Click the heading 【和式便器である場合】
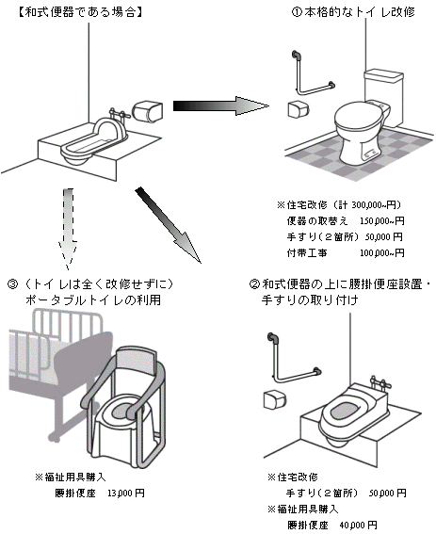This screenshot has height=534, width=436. click(80, 12)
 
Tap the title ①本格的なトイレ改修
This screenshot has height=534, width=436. click(353, 12)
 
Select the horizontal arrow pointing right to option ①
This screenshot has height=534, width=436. click(220, 105)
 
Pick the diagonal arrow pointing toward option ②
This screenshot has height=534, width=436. click(169, 225)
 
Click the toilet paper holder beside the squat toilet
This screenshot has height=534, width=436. click(147, 111)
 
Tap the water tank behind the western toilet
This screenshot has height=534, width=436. click(384, 97)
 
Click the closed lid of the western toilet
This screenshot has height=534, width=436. click(358, 116)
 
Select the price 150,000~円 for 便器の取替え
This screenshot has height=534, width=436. click(382, 221)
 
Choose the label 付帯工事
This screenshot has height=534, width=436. click(307, 252)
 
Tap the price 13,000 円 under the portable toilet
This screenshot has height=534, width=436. click(126, 493)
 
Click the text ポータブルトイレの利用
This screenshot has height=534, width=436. click(93, 300)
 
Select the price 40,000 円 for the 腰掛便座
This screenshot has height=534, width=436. click(359, 525)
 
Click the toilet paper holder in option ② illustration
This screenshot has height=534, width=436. click(275, 399)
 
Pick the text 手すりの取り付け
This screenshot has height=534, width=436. click(310, 300)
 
